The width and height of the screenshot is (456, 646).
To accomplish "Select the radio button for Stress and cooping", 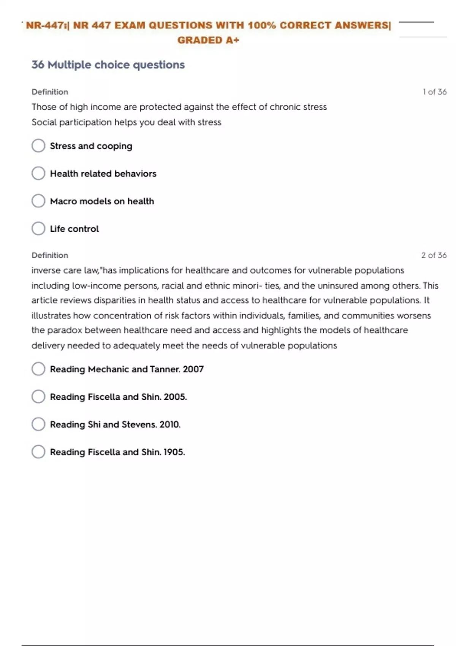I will pyautogui.click(x=38, y=146).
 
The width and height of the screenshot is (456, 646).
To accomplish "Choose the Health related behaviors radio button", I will pyautogui.click(x=38, y=173).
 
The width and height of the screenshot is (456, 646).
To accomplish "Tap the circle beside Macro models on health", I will pyautogui.click(x=38, y=201).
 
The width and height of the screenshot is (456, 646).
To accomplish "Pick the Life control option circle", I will pyautogui.click(x=38, y=229).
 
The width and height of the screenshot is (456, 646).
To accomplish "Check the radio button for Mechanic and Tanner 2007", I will pyautogui.click(x=38, y=369).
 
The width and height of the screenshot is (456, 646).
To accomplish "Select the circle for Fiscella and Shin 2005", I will pyautogui.click(x=38, y=397).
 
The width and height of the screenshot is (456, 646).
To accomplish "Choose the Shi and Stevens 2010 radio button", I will pyautogui.click(x=38, y=424).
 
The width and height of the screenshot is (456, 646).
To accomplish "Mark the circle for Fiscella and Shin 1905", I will pyautogui.click(x=38, y=452).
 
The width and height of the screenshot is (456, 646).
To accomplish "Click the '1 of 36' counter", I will pyautogui.click(x=434, y=92).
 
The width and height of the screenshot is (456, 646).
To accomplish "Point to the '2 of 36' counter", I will pyautogui.click(x=434, y=255).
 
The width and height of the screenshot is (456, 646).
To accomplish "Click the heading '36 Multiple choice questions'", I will pyautogui.click(x=108, y=65).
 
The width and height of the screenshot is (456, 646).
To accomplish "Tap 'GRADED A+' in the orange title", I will pyautogui.click(x=208, y=40).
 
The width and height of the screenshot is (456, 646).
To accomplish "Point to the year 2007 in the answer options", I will pyautogui.click(x=193, y=369).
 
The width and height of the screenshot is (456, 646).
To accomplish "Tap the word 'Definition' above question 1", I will pyautogui.click(x=50, y=92).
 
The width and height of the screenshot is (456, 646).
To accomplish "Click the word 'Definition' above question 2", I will pyautogui.click(x=50, y=255).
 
